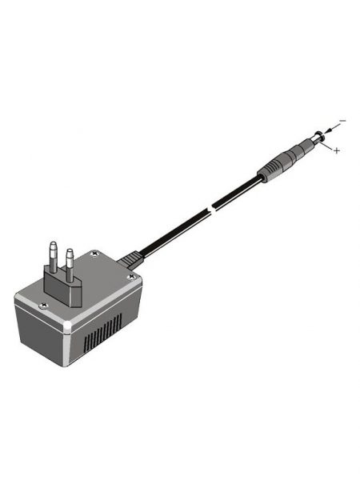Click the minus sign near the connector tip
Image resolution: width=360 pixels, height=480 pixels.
point(342,121)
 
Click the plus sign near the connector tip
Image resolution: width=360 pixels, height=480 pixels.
point(337,150)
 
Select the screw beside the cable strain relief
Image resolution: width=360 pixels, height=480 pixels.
point(130,278)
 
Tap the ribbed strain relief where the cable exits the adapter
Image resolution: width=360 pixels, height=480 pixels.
point(130,258)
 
